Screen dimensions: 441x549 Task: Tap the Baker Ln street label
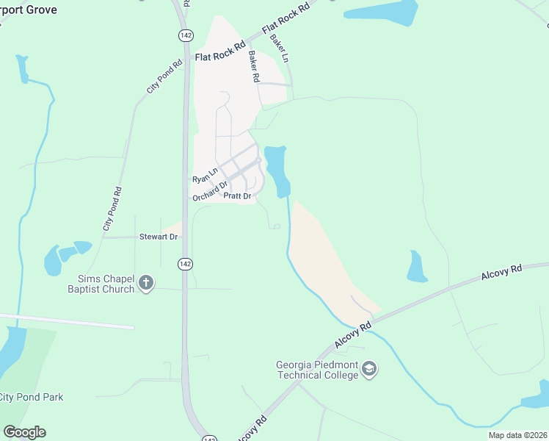(280, 48)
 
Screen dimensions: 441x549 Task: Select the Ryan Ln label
(206, 176)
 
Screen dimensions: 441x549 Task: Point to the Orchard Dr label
(211, 190)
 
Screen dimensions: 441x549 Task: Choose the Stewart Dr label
(159, 237)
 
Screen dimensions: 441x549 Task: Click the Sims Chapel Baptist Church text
(106, 284)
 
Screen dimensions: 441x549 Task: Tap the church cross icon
(146, 283)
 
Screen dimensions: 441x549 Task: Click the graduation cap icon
(369, 369)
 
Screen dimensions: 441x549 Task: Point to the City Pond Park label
(31, 397)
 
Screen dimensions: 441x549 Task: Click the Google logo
(24, 432)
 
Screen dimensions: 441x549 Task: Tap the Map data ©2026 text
(517, 435)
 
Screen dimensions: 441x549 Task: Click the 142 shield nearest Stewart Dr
(185, 264)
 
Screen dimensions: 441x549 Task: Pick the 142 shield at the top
(185, 35)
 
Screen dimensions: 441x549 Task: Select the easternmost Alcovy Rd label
(501, 273)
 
